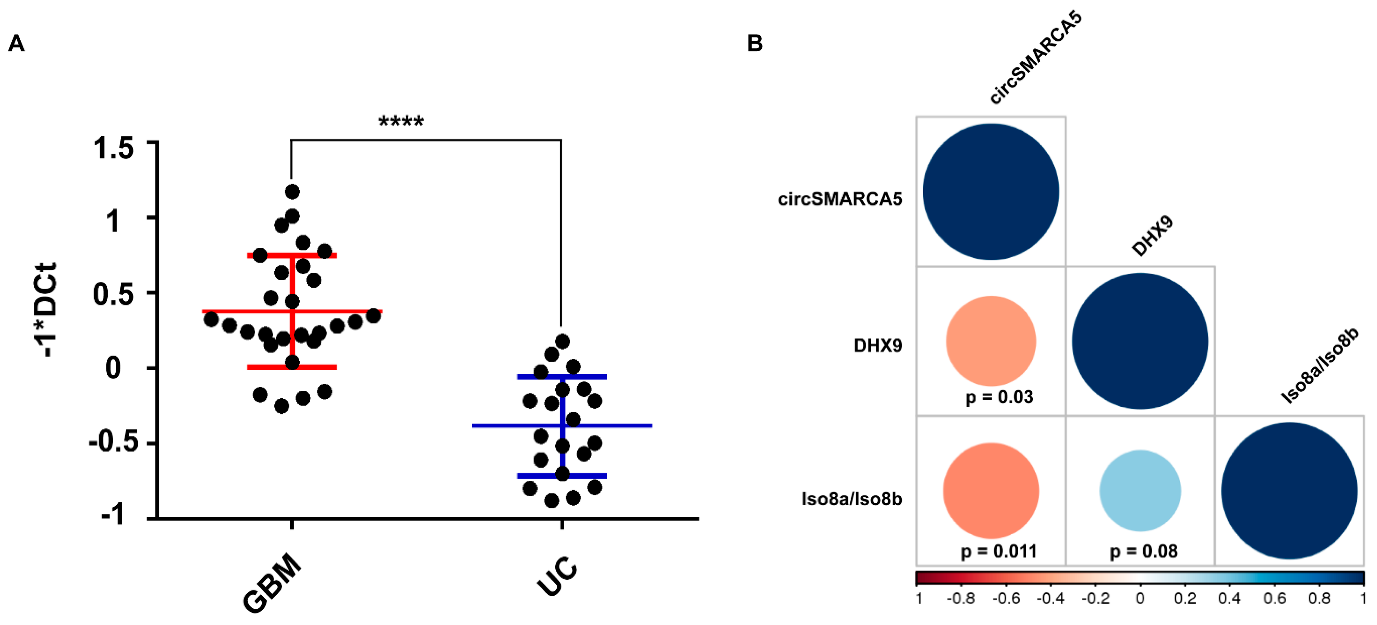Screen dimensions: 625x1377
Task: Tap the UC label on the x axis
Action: click(557, 576)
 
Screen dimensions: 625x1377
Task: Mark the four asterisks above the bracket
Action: click(401, 122)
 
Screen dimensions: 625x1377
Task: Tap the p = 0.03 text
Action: click(998, 397)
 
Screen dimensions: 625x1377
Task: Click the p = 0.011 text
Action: click(998, 551)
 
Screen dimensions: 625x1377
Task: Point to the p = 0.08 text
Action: click(1143, 551)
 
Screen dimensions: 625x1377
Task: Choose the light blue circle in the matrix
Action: click(1140, 491)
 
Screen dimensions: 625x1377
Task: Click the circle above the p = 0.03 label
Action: click(991, 341)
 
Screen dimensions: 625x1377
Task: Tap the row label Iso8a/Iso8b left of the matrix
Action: click(852, 499)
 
